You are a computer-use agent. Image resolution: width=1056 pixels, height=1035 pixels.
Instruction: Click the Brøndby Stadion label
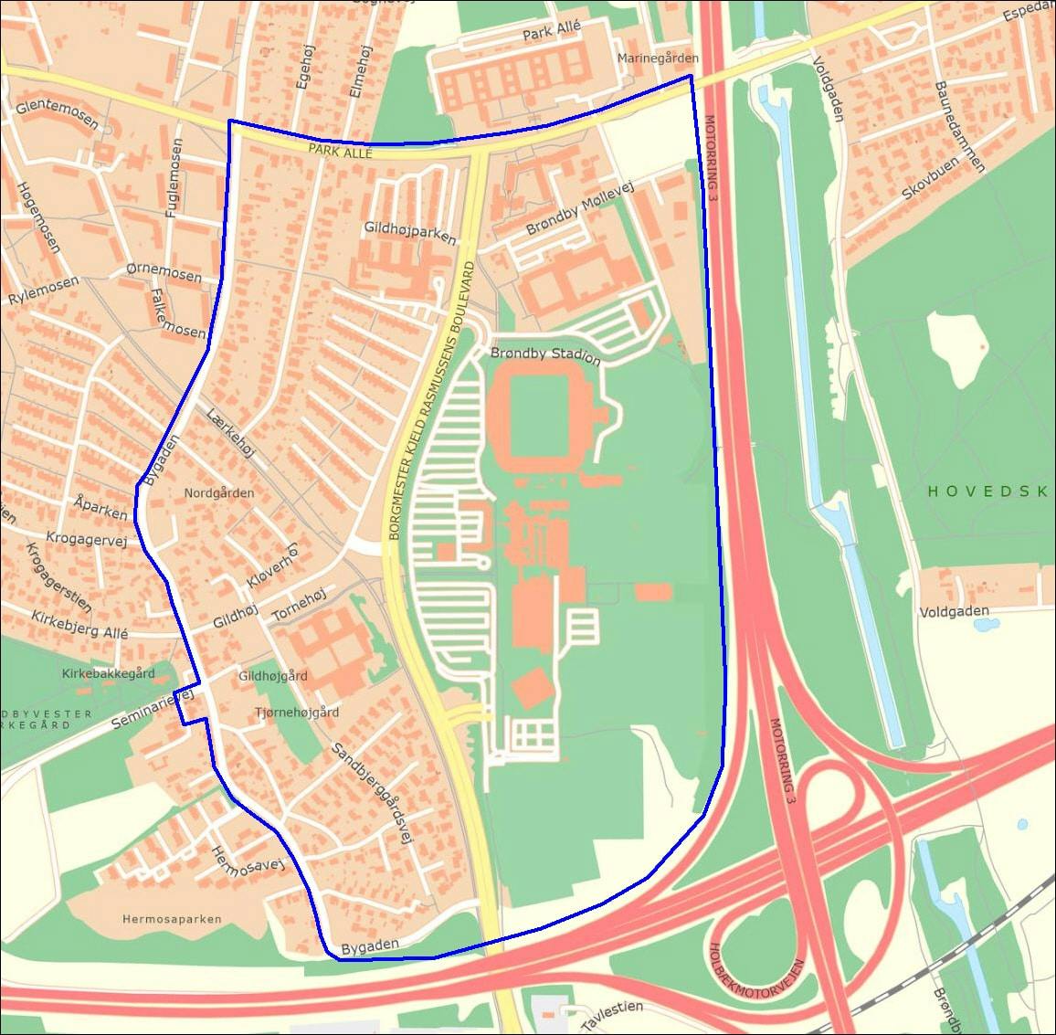pos(545,354)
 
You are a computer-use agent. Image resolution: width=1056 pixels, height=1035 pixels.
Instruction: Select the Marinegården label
pos(657,58)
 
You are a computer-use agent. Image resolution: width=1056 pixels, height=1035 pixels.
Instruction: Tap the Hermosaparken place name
pos(172,919)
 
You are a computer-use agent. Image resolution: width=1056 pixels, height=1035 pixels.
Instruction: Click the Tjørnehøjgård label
pos(296,713)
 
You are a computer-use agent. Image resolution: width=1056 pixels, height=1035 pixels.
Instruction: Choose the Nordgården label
pos(219,493)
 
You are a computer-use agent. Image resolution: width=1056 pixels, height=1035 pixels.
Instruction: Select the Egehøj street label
pos(304,67)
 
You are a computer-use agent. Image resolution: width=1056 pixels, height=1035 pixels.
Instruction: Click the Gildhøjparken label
pos(409,232)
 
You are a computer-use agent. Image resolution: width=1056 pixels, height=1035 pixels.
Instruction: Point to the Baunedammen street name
pos(959,127)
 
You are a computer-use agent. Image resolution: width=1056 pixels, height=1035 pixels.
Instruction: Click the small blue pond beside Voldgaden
pos(984,626)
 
